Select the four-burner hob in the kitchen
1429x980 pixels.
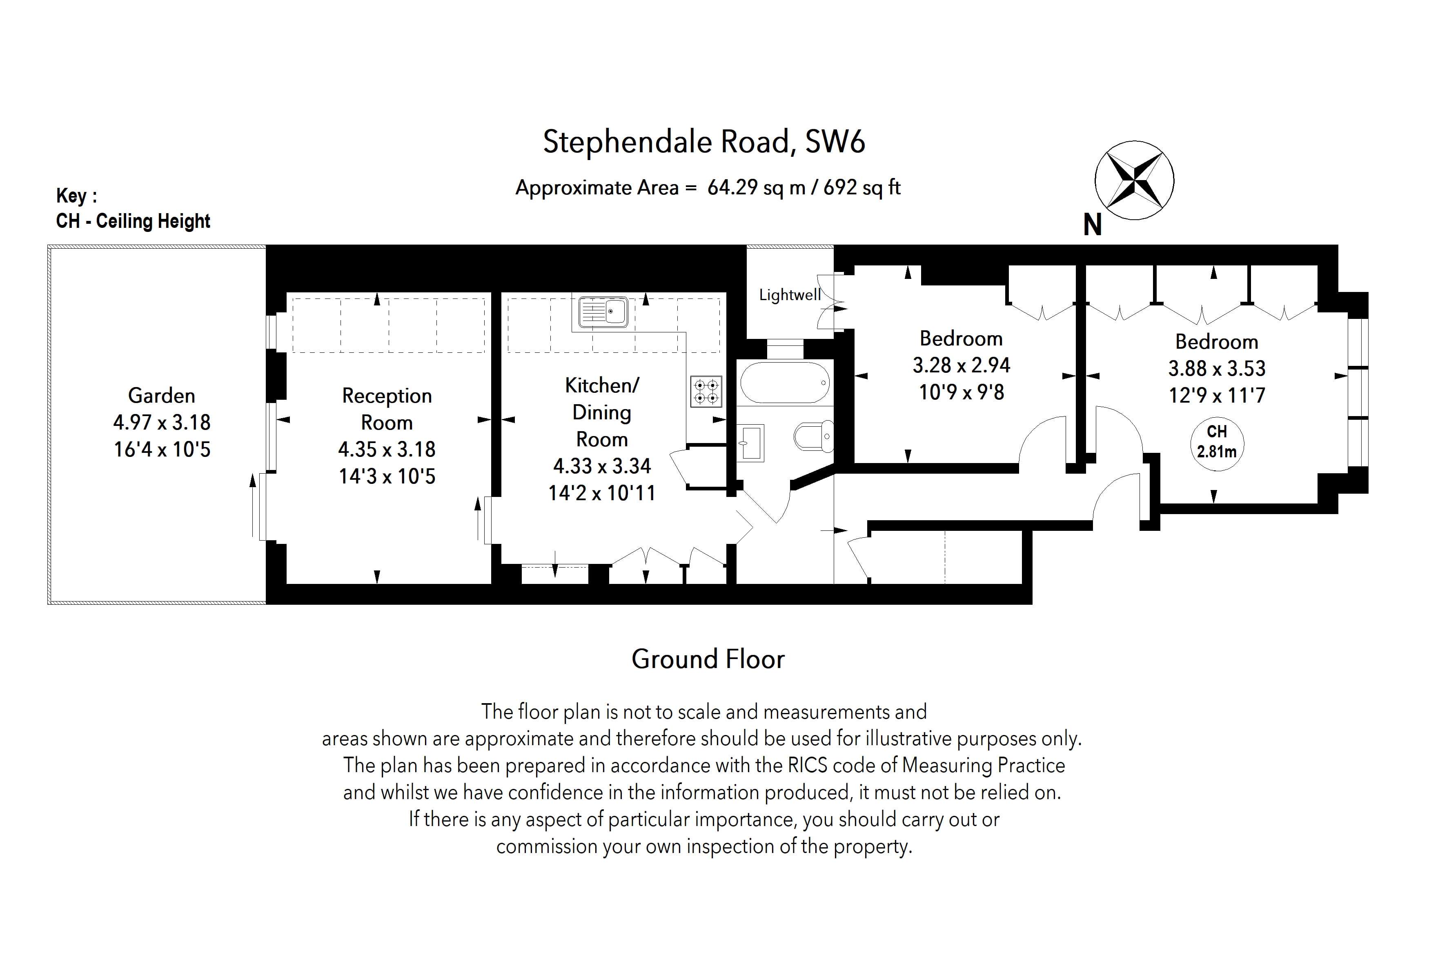[706, 392]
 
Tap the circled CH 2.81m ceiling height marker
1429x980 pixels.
[1217, 443]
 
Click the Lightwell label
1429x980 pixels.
[790, 295]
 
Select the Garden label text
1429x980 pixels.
[162, 395]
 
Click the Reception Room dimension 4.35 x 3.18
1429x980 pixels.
[387, 450]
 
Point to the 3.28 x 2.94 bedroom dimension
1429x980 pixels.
[961, 365]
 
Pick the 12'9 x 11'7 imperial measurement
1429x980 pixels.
[1217, 395]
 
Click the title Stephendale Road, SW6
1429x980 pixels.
[704, 142]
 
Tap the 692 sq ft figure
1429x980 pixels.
[861, 187]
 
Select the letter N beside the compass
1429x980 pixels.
[1092, 226]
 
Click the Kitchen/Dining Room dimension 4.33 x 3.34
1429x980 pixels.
[602, 466]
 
